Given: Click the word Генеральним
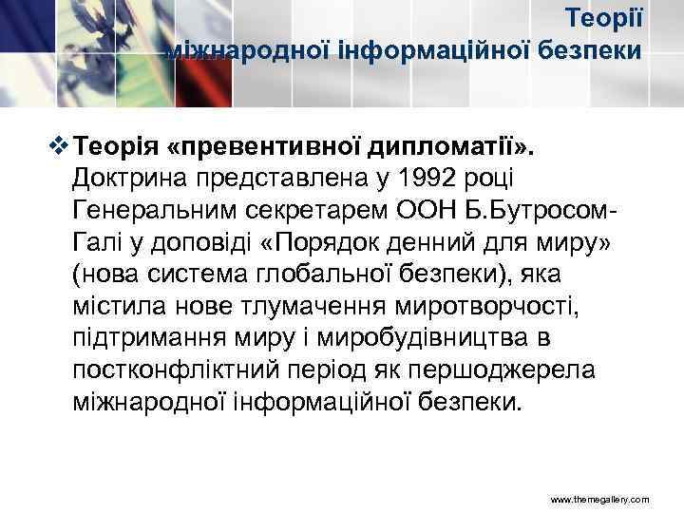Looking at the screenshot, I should pyautogui.click(x=149, y=209).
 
